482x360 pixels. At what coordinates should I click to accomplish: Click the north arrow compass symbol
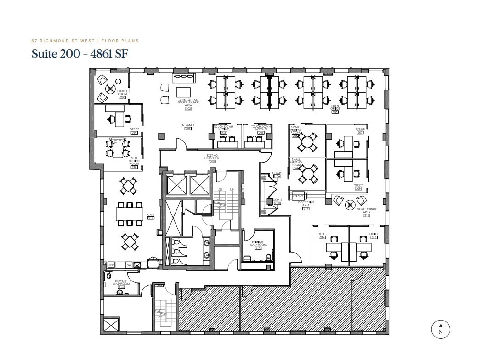click(x=440, y=328)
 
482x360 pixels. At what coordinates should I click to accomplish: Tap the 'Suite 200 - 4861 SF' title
click(x=79, y=54)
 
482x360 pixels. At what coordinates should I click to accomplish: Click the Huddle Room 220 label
click(x=122, y=94)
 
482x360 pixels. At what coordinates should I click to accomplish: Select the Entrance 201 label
click(x=187, y=126)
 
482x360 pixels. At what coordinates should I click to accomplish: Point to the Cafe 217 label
click(x=150, y=216)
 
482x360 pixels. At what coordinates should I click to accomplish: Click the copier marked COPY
click(x=298, y=196)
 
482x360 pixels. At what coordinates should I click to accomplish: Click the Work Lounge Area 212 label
click(x=366, y=212)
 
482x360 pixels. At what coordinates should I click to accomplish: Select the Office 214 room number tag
click(x=322, y=237)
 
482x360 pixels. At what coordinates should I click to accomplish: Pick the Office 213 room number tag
click(x=374, y=237)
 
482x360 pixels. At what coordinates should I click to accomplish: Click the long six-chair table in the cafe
click(x=130, y=214)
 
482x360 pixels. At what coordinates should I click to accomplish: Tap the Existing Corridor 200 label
click(x=212, y=159)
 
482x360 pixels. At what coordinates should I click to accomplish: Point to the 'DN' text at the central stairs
click(x=220, y=189)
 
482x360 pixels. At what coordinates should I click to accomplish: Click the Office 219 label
click(x=134, y=131)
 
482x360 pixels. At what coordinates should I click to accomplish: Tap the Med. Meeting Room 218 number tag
click(x=134, y=167)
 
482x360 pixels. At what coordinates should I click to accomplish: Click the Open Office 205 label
click(x=335, y=109)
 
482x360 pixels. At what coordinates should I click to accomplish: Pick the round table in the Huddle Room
click(x=110, y=89)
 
